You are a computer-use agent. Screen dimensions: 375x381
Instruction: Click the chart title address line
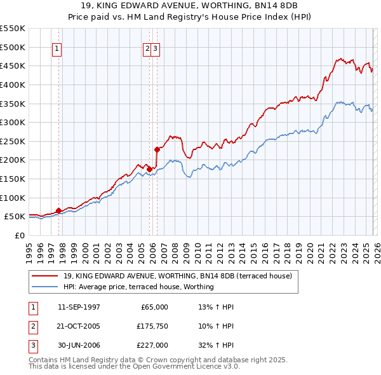pos(190,6)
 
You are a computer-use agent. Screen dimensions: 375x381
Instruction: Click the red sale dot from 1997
pos(58,210)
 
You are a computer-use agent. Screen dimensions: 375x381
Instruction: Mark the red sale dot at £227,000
pos(157,149)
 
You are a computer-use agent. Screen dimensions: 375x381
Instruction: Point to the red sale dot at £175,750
pos(149,169)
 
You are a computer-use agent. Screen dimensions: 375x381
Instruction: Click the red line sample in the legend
pos(46,276)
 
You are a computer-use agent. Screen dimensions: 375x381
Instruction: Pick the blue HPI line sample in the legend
pos(46,287)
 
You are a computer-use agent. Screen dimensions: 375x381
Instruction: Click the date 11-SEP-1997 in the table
pos(79,307)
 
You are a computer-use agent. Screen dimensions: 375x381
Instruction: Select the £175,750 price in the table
pos(151,326)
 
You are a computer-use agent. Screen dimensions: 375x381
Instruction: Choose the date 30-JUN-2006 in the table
pos(79,345)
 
